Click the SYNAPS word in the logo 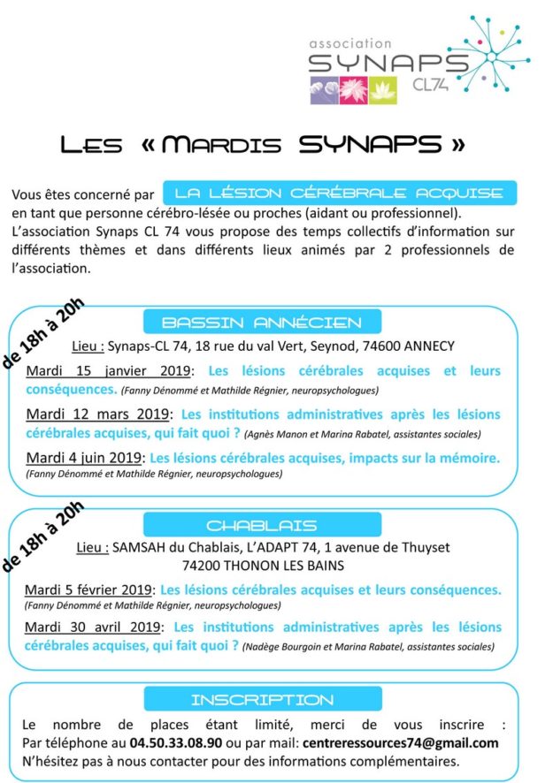coord(387,64)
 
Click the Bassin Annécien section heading coord(261,322)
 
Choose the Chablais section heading coord(261,527)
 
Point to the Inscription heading coord(261,700)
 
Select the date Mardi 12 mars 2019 coord(96,414)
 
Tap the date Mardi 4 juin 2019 coord(84,458)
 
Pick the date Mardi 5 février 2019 coord(89,589)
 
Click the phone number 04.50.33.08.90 coord(176,743)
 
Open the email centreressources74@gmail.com coord(400,743)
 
